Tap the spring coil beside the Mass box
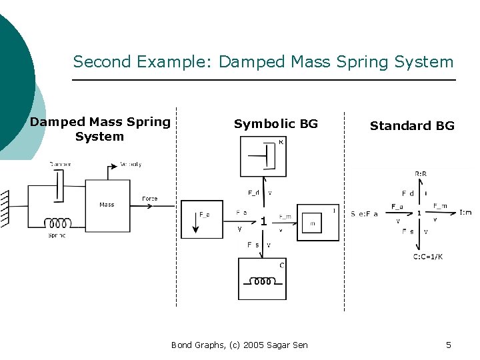coord(57,223)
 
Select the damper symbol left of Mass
coord(59,185)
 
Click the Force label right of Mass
coord(149,199)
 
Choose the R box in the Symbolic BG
coord(263,157)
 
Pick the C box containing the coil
coord(263,279)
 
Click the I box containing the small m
coord(317,223)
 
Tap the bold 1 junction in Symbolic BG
coord(264,221)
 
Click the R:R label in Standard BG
coord(421,173)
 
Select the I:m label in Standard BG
coord(465,213)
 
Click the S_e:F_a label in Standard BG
coord(365,213)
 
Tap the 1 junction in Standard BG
coord(419,213)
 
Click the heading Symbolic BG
coord(275,124)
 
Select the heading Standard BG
coord(412,126)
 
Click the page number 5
coord(448,345)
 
